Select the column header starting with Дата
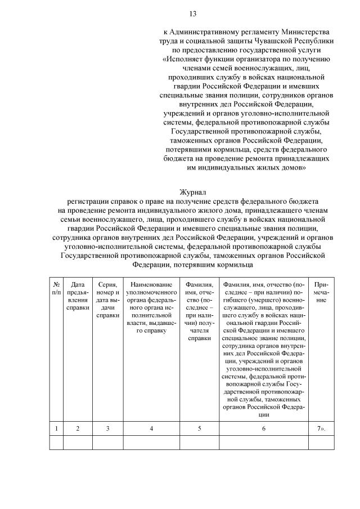(78, 297)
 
